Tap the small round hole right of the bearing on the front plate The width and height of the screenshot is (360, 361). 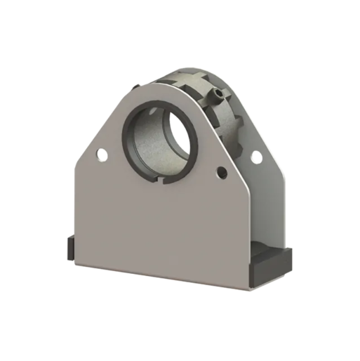(x=222, y=172)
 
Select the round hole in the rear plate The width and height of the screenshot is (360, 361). (x=256, y=157)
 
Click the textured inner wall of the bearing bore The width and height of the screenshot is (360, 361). (x=145, y=144)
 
